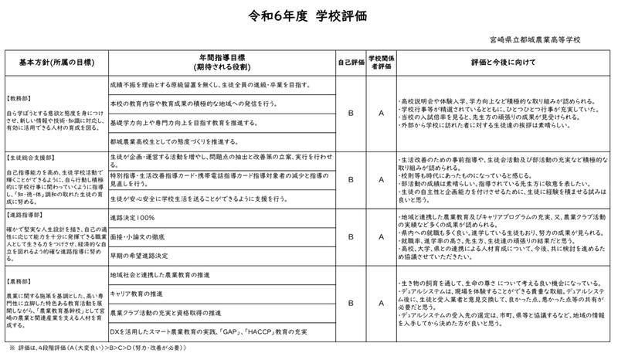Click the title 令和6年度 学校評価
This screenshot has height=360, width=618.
click(309, 16)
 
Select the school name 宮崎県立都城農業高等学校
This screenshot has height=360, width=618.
click(535, 39)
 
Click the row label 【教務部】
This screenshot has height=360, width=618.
click(22, 99)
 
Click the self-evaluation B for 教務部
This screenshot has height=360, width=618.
click(351, 113)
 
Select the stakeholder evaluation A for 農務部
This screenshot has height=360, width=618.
click(381, 304)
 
